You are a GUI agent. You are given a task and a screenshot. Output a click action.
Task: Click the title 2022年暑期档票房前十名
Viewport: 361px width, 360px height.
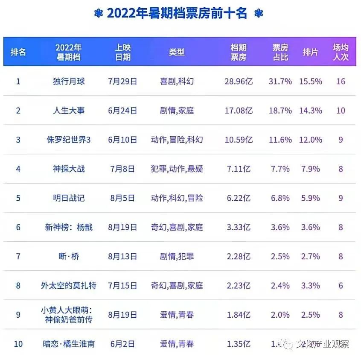tap(177, 13)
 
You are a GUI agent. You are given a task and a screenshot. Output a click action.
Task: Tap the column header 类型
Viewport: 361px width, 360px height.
tap(177, 52)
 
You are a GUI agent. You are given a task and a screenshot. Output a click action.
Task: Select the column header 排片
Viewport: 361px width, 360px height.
tap(310, 52)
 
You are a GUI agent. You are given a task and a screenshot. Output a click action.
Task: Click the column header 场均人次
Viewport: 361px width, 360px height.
tap(341, 52)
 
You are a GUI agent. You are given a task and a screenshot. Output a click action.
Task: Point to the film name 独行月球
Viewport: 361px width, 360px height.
tap(69, 81)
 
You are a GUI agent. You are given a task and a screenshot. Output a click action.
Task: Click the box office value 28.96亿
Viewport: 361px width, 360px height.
tap(239, 81)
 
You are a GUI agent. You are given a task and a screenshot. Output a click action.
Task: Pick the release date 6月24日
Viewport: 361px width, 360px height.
tap(123, 111)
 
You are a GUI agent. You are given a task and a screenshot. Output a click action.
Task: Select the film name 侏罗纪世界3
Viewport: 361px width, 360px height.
tap(69, 140)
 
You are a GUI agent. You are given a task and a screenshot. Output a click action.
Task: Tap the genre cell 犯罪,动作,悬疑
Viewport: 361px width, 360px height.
tap(177, 169)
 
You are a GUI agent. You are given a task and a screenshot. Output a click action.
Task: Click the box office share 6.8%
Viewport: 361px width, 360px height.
tap(280, 198)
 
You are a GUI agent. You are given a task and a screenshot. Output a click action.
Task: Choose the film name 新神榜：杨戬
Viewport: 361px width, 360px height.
tap(69, 227)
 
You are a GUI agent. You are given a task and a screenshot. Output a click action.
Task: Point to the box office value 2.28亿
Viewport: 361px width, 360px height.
tap(239, 257)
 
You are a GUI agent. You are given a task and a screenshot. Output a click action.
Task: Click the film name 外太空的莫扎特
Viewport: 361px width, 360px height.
tap(69, 286)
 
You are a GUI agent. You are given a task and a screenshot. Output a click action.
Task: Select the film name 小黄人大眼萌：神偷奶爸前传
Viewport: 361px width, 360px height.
tap(69, 315)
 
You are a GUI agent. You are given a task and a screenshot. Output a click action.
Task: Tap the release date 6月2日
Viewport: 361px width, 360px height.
tap(123, 344)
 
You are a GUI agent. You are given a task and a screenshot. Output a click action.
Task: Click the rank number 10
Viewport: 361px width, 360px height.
tap(18, 344)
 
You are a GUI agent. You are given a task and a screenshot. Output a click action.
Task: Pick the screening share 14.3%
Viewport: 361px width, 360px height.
tap(311, 111)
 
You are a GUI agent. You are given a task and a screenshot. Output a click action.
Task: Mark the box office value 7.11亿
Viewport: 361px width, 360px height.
tap(239, 169)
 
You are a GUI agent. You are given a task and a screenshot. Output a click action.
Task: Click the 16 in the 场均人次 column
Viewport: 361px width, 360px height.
tap(341, 81)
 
